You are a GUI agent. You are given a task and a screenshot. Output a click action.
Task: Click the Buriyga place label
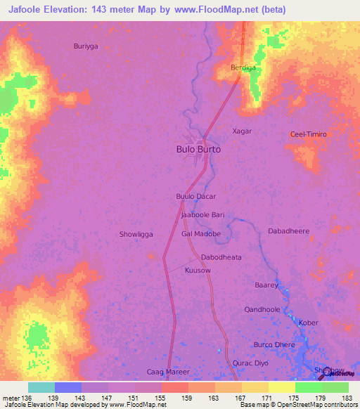86,46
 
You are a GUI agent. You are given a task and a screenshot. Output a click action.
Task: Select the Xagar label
242,131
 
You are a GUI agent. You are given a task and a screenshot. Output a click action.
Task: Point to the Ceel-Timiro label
309,134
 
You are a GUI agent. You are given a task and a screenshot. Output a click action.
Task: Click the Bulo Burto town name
198,150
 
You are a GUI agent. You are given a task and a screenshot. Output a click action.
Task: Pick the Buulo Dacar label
195,197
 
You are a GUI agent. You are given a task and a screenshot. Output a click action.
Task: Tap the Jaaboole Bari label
202,215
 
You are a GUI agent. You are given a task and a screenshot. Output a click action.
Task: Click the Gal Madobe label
201,234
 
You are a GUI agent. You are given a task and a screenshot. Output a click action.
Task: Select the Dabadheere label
289,231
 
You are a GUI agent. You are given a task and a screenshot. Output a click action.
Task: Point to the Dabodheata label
221,257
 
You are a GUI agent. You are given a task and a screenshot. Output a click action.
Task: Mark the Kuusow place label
198,271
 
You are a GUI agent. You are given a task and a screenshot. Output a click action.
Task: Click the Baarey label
266,285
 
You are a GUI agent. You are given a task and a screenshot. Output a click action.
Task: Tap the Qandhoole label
262,309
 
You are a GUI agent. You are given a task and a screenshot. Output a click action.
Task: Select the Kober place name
309,323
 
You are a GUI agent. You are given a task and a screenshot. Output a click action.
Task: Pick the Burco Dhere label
274,345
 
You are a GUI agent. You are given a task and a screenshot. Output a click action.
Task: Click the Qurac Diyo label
250,363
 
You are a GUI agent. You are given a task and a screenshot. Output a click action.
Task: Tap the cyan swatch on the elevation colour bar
41,387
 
